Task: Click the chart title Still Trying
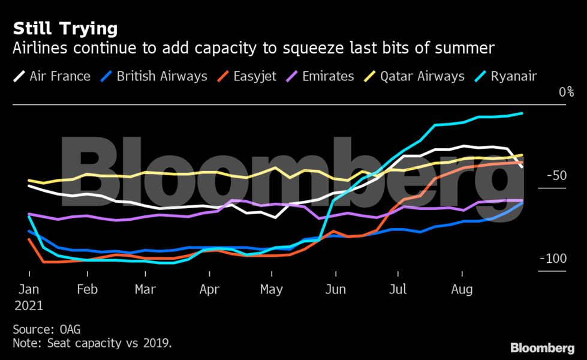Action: click(x=65, y=28)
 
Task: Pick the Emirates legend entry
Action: click(x=329, y=76)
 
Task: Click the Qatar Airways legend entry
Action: click(x=422, y=76)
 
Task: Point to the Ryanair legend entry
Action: click(x=513, y=76)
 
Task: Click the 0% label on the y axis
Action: click(x=566, y=92)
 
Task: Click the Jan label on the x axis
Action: click(x=29, y=290)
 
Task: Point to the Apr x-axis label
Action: click(x=209, y=290)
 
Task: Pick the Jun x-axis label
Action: click(x=335, y=290)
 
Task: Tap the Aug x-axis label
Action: click(x=461, y=290)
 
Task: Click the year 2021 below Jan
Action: click(x=29, y=305)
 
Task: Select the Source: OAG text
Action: click(x=46, y=329)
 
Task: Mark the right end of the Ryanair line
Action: click(x=522, y=113)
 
